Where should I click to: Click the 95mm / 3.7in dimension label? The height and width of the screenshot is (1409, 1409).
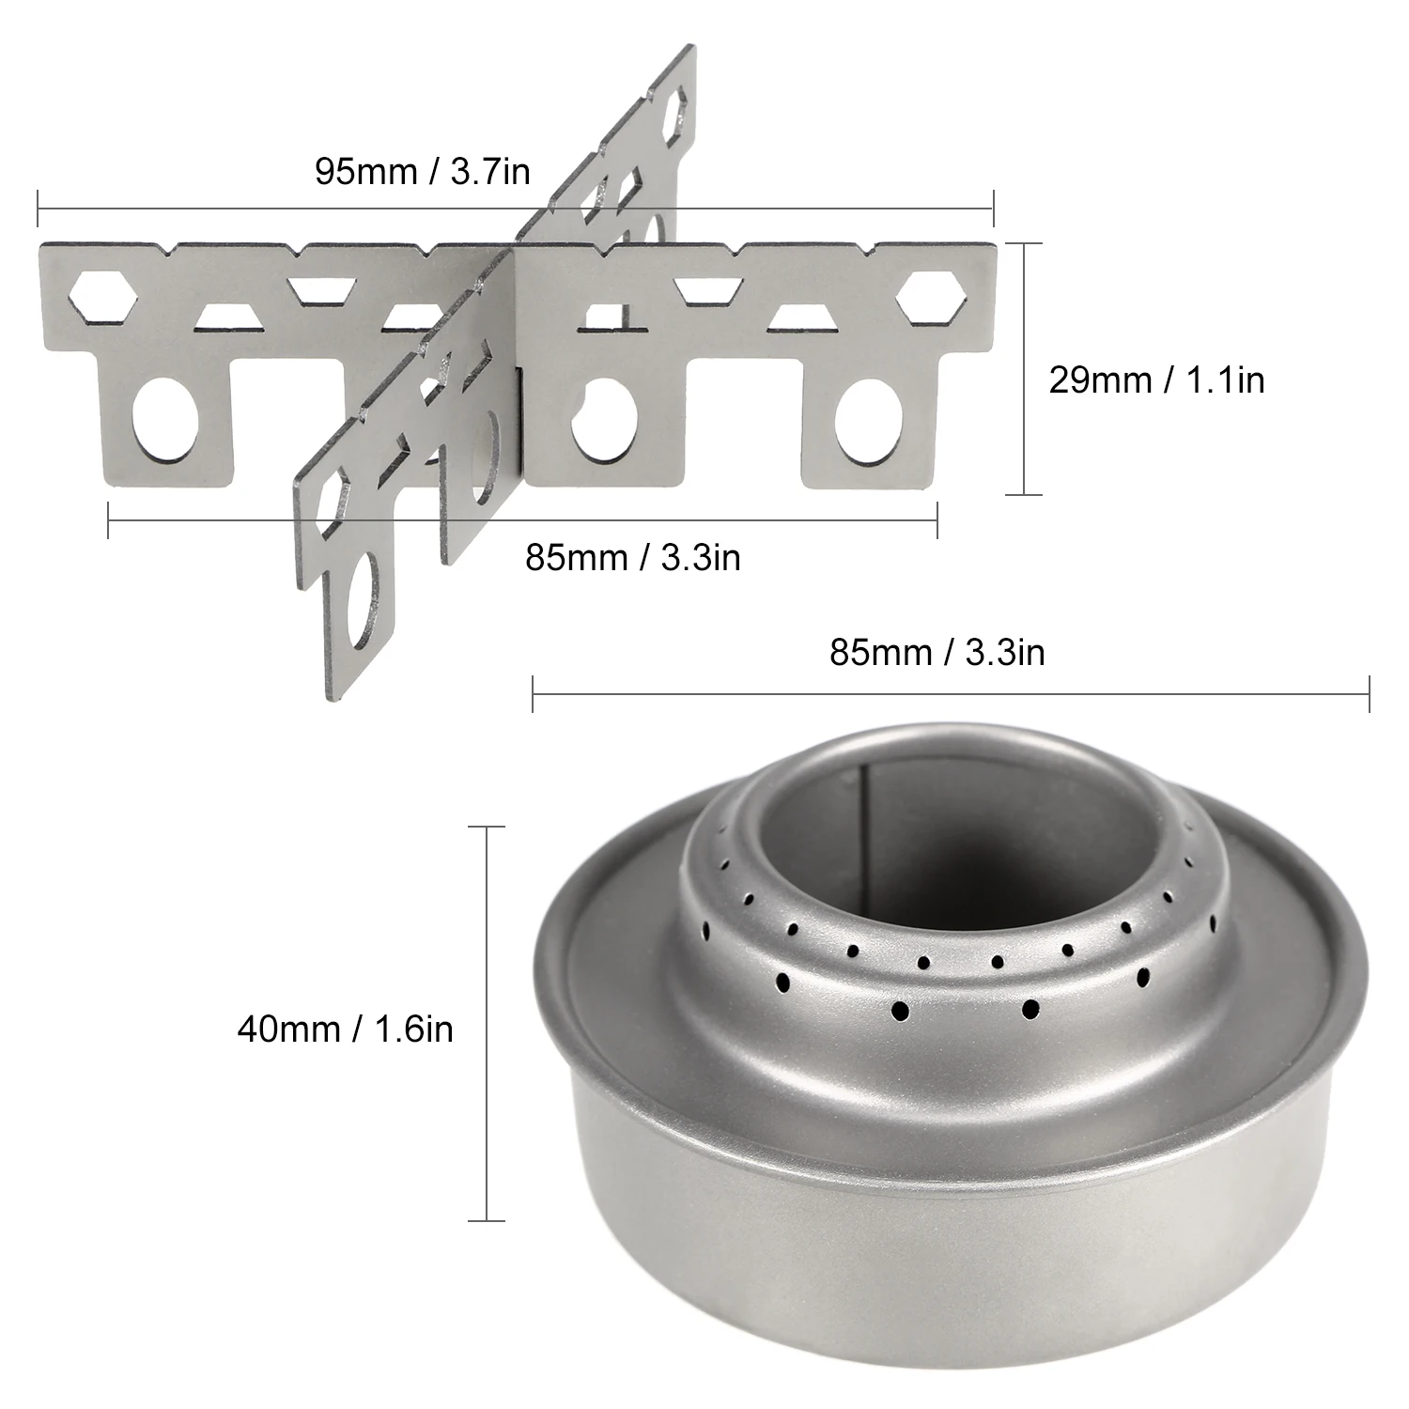click(x=422, y=172)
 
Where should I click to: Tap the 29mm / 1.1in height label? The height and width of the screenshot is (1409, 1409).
click(x=1156, y=380)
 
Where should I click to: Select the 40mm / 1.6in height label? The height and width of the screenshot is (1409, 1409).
click(x=345, y=1029)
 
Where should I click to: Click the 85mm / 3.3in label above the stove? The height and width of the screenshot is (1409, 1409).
click(x=937, y=652)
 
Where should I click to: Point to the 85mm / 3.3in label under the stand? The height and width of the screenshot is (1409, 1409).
click(x=632, y=557)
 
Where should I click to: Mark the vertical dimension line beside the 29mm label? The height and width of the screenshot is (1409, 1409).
click(x=1018, y=368)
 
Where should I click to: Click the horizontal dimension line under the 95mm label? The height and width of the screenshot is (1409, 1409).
click(x=515, y=209)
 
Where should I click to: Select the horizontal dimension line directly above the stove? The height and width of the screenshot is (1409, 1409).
click(x=951, y=694)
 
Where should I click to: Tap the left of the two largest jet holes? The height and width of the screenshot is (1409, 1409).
click(x=900, y=1011)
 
